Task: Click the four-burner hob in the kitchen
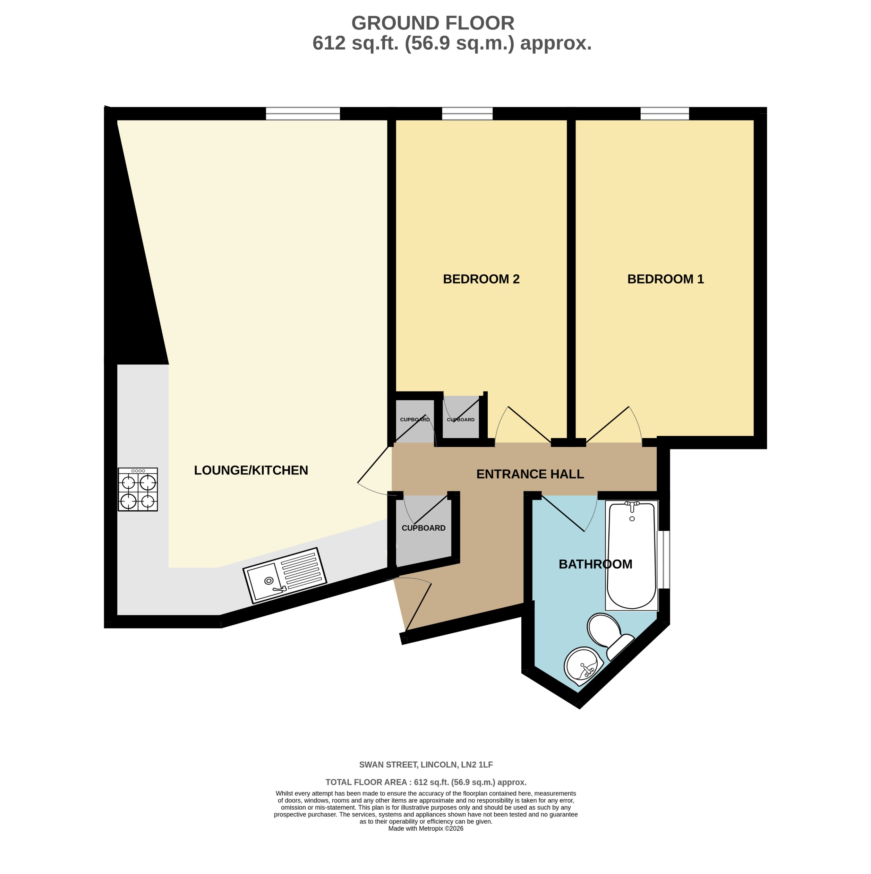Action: (x=138, y=489)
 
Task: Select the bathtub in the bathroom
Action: (x=632, y=556)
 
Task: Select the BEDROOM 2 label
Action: (x=481, y=279)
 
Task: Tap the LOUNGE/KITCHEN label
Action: (x=251, y=471)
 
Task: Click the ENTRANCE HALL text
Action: (x=530, y=474)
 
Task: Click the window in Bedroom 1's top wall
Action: (x=664, y=113)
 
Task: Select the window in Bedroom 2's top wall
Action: (x=467, y=113)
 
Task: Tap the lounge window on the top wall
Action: (x=303, y=113)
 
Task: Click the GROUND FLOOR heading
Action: (x=433, y=23)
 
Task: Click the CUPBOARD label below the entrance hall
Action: (x=424, y=528)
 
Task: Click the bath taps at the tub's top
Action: (x=632, y=504)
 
